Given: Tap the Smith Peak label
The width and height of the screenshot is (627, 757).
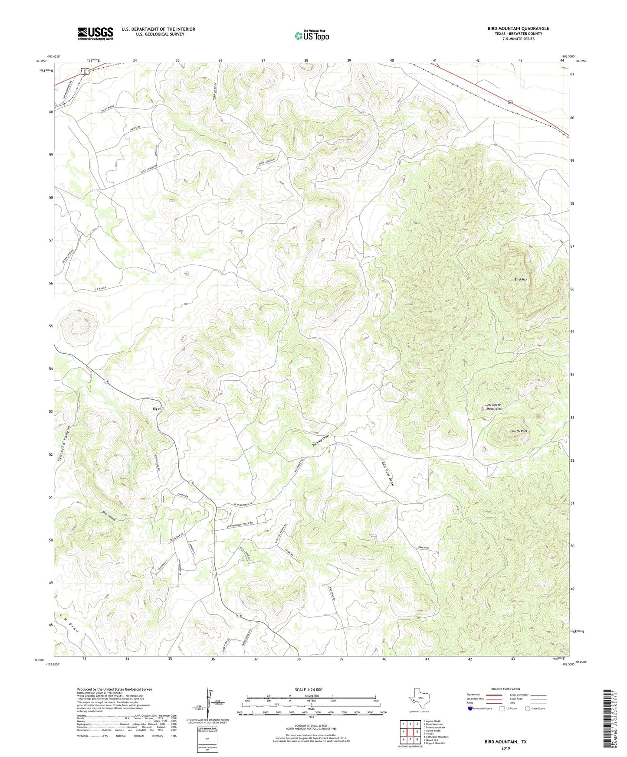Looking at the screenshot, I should [519, 431].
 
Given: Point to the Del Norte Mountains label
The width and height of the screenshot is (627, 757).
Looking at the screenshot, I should [494, 407].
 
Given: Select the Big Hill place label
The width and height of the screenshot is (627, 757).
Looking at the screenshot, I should [158, 409].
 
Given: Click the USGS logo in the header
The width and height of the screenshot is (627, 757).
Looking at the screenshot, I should [95, 33].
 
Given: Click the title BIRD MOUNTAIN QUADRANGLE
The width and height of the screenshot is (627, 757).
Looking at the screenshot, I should [518, 29].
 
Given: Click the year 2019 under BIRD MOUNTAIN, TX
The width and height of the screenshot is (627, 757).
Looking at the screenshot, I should [506, 748].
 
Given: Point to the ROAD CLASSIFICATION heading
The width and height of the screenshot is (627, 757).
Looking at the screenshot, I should [506, 689].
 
